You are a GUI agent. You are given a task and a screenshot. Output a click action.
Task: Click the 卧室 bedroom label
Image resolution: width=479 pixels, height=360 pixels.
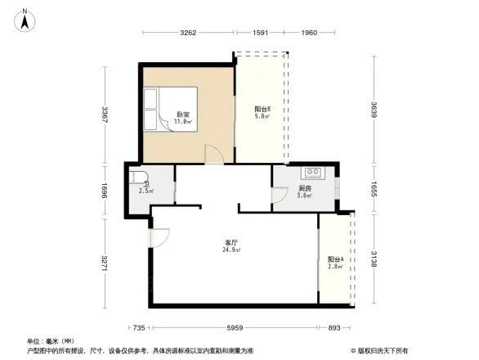(x=184, y=115)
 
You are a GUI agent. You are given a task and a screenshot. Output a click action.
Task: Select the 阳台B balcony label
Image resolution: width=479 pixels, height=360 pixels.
(x=262, y=110)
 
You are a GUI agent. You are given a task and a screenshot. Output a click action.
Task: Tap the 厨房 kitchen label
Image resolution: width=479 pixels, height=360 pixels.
(x=303, y=188)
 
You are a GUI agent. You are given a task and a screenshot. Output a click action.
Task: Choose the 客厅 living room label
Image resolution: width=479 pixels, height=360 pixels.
(x=232, y=243)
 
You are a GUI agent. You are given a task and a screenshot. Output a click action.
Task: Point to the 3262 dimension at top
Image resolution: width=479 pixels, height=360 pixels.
(x=189, y=33)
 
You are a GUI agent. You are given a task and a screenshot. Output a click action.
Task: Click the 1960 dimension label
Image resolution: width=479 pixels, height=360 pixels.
(x=308, y=33)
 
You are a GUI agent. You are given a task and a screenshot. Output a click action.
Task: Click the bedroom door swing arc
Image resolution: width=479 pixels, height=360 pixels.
(x=213, y=155)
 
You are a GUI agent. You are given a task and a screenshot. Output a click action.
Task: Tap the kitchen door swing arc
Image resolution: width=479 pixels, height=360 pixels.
(x=279, y=196)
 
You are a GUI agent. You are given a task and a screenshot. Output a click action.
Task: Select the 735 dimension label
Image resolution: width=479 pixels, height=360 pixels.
(x=139, y=328)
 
